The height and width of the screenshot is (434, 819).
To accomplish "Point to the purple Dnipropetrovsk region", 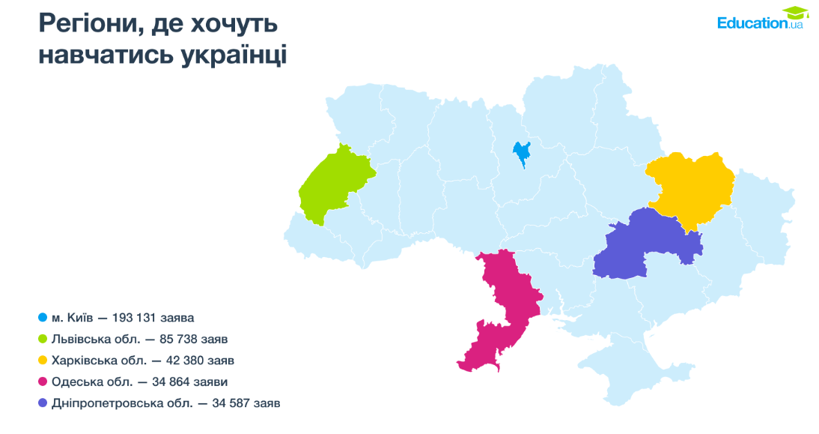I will coord(644,245).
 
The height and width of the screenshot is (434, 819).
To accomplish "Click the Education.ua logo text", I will coord(752,23).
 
